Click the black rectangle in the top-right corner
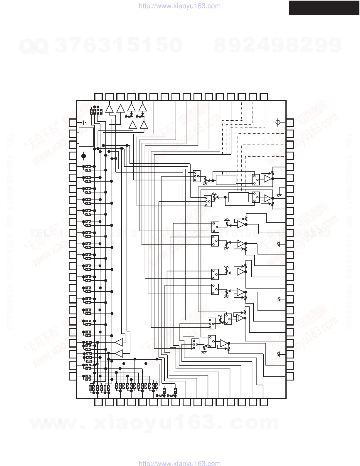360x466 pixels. (x=324, y=8)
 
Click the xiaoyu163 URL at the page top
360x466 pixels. (x=179, y=6)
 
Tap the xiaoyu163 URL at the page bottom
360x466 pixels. (x=179, y=463)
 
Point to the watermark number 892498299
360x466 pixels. (x=278, y=46)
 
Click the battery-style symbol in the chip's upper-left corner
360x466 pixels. (x=84, y=123)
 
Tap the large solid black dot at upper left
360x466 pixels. (x=84, y=156)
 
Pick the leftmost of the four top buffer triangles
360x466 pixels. (x=109, y=108)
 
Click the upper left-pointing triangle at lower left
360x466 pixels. (x=119, y=343)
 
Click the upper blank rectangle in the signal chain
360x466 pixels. (x=226, y=180)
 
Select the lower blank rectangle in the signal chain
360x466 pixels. (x=238, y=197)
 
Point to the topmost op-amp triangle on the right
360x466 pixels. (x=268, y=178)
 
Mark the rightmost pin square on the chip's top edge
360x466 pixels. (x=264, y=96)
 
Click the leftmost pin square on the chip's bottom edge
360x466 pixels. (x=98, y=402)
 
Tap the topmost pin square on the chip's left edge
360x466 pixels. (x=73, y=123)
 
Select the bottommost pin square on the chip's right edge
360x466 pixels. (x=290, y=376)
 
